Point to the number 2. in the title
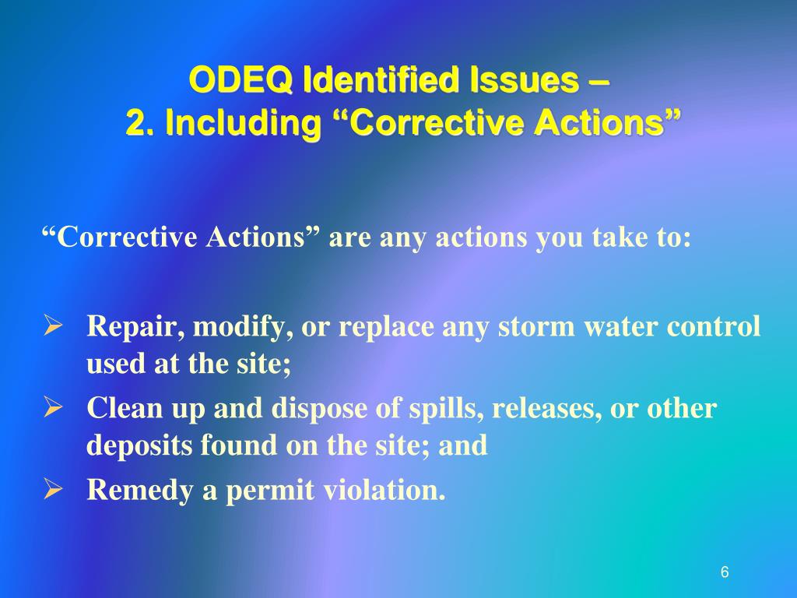139,122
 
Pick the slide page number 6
725,572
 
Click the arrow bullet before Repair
52,325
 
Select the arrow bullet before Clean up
52,407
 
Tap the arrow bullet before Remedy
52,490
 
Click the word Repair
134,326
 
